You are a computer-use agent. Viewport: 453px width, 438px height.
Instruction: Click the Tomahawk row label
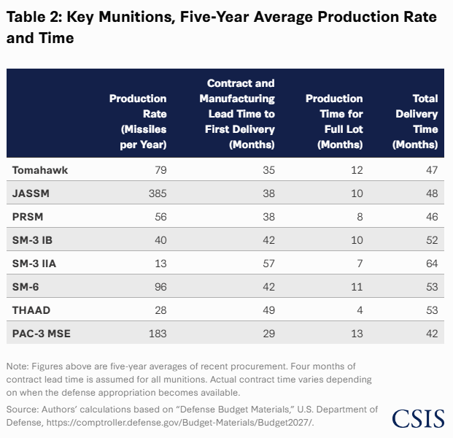pyautogui.click(x=40, y=170)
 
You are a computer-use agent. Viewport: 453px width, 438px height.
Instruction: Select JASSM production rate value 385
pyautogui.click(x=158, y=193)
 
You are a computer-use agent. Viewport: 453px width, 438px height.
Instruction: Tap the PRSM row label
pyautogui.click(x=28, y=217)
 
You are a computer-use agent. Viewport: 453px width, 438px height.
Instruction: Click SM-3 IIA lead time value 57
pyautogui.click(x=268, y=264)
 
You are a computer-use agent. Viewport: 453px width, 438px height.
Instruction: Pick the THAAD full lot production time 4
pyautogui.click(x=360, y=310)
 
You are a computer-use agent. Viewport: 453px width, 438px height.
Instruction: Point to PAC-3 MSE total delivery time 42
pyautogui.click(x=432, y=334)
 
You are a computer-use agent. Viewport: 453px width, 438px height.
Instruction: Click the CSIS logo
pyautogui.click(x=418, y=418)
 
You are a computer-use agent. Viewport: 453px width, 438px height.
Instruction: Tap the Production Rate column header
pyautogui.click(x=138, y=121)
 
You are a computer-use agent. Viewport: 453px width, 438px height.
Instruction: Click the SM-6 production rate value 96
pyautogui.click(x=160, y=287)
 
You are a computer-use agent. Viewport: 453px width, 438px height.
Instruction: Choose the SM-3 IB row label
pyautogui.click(x=32, y=240)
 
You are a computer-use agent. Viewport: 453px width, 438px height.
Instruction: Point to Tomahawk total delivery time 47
pyautogui.click(x=432, y=170)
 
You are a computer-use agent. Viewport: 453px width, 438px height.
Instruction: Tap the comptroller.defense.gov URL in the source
pyautogui.click(x=179, y=423)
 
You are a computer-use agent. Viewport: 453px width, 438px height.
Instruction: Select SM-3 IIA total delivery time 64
pyautogui.click(x=432, y=264)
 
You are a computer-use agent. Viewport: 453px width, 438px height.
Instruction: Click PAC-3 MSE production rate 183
pyautogui.click(x=158, y=334)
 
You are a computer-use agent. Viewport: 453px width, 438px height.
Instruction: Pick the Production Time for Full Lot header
pyautogui.click(x=334, y=121)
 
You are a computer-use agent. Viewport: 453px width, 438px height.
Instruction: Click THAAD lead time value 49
pyautogui.click(x=268, y=310)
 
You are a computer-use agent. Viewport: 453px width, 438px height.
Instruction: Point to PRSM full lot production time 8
pyautogui.click(x=360, y=217)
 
